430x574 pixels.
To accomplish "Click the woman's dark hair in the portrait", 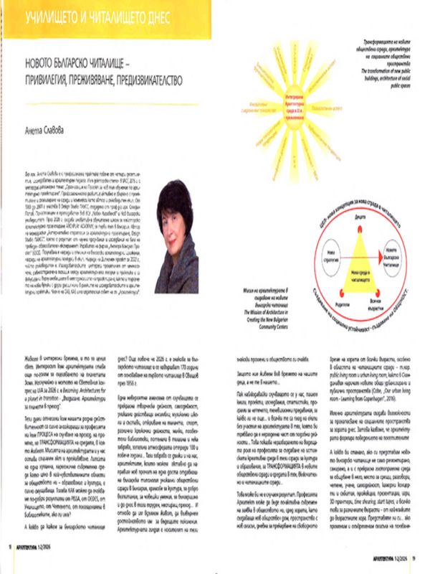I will (x=175, y=194).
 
